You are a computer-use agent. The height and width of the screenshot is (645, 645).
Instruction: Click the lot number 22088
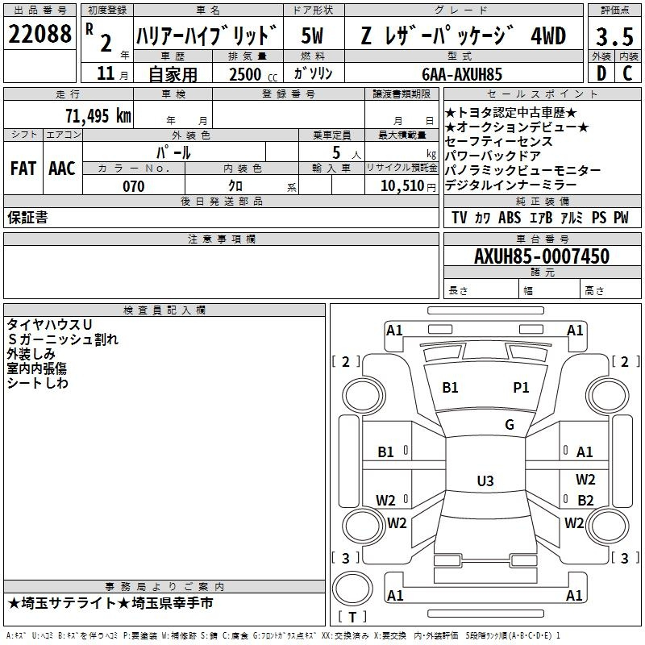tap(40, 34)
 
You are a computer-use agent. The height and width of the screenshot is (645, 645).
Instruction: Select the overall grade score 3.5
tap(614, 37)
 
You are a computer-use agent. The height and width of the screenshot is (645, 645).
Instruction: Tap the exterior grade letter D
tap(601, 73)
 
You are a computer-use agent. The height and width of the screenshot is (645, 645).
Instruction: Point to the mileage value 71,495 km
tap(98, 115)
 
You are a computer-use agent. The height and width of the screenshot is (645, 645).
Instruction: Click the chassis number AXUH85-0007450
tap(542, 256)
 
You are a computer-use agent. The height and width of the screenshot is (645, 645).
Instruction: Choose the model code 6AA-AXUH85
tap(462, 74)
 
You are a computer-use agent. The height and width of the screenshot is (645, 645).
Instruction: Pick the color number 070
tap(134, 186)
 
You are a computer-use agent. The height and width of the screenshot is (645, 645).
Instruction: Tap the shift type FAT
tap(23, 169)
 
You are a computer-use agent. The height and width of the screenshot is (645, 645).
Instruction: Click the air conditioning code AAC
tap(62, 169)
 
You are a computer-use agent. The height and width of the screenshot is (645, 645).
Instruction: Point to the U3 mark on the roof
tap(485, 481)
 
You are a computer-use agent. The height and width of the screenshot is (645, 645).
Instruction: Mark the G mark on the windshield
tap(510, 424)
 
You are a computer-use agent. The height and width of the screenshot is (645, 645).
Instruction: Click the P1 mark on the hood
tap(521, 388)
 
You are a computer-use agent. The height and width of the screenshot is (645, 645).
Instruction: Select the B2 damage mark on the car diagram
tap(585, 500)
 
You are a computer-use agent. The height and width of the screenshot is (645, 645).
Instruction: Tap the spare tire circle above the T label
tap(352, 589)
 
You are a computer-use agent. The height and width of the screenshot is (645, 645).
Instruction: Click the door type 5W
tap(312, 35)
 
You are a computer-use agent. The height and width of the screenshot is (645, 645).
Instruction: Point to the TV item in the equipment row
tap(459, 218)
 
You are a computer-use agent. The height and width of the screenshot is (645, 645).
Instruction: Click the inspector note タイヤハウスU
tap(49, 325)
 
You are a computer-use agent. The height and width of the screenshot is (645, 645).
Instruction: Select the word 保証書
tap(27, 217)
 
